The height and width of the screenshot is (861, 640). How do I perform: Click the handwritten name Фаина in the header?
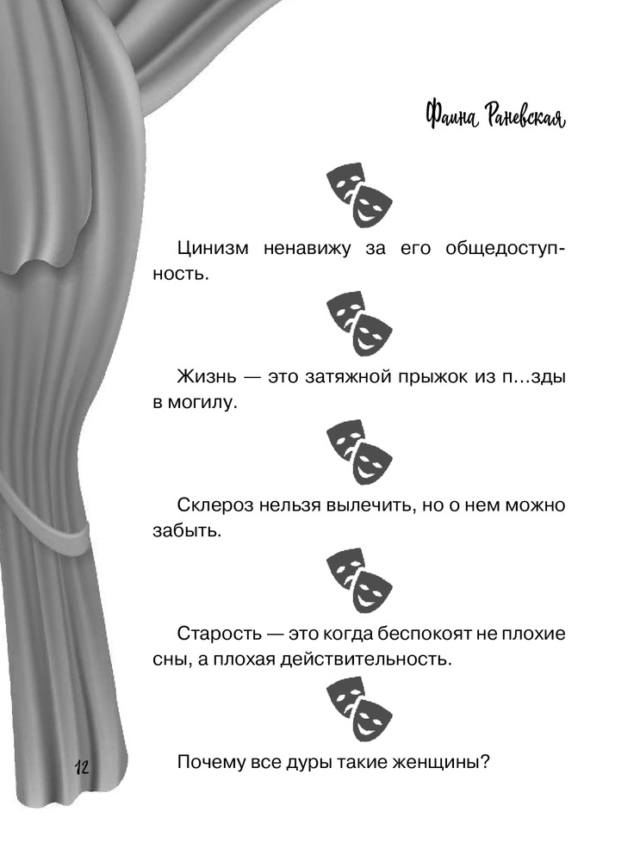[x=450, y=116]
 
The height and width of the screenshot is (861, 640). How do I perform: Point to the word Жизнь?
[x=207, y=377]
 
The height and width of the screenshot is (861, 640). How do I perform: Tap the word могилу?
[x=202, y=403]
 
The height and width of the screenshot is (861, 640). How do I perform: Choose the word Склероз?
[x=214, y=505]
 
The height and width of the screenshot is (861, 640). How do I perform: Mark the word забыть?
[x=187, y=531]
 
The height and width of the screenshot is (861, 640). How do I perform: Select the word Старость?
[x=219, y=633]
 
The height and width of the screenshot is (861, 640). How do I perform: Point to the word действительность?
[x=366, y=660]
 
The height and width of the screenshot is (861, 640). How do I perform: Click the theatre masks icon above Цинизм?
[x=359, y=195]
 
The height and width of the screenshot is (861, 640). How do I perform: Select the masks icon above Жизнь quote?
[x=359, y=324]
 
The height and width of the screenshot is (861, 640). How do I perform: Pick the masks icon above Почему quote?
[x=359, y=710]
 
